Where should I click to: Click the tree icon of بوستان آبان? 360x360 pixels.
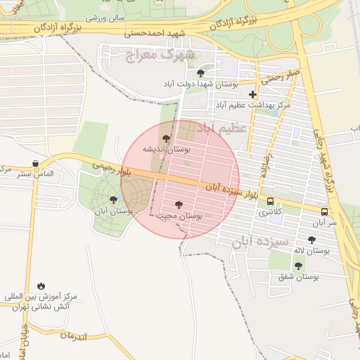(x=113, y=200)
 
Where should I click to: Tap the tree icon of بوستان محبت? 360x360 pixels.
(x=178, y=205)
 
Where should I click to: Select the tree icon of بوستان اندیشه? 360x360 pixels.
(x=166, y=139)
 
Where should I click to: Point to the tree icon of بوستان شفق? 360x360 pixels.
(x=299, y=266)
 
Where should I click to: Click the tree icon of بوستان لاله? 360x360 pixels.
(x=311, y=240)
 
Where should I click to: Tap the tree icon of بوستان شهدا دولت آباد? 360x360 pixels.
(x=201, y=72)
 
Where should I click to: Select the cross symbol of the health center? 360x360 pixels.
(x=253, y=94)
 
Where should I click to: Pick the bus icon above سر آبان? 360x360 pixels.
(x=324, y=211)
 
